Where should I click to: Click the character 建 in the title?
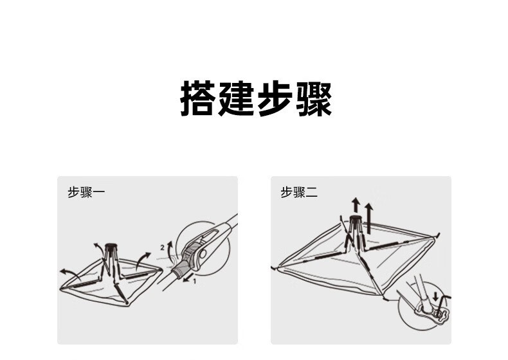tap(237, 99)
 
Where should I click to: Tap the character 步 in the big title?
tap(275, 99)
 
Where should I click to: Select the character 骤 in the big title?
tap(313, 99)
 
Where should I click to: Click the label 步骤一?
tap(86, 192)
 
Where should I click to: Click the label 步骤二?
tap(299, 192)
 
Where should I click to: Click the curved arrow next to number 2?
tap(170, 247)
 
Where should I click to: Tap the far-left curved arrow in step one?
tap(68, 271)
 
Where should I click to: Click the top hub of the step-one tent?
tap(110, 246)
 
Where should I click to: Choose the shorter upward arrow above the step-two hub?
tap(354, 205)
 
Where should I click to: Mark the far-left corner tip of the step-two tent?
tap(275, 267)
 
